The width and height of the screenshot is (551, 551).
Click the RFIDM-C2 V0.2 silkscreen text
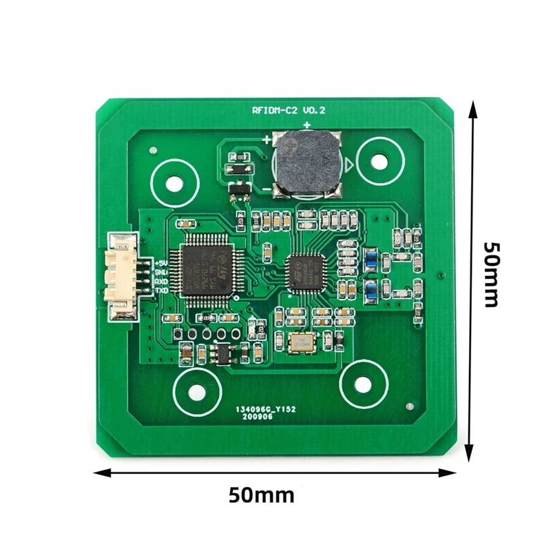(289, 111)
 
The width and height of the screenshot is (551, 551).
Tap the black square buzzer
(306, 163)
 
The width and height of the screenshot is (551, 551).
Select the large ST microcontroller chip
(205, 267)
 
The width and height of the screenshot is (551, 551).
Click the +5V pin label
(161, 262)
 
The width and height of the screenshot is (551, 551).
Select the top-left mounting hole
(175, 184)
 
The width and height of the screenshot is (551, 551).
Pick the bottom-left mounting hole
(196, 390)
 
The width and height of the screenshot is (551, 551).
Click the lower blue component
(371, 289)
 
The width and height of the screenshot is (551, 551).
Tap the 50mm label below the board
(261, 495)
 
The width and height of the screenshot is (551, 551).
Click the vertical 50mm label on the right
(492, 274)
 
